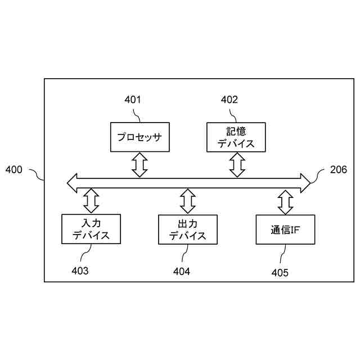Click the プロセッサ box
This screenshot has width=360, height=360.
click(x=139, y=137)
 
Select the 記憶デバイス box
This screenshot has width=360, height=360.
click(x=236, y=137)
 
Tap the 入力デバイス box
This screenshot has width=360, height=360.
click(x=91, y=229)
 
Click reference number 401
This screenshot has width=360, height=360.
click(x=133, y=100)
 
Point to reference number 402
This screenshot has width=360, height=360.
click(x=229, y=100)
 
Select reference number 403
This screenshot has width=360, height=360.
click(x=80, y=271)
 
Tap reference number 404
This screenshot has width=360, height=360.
click(x=182, y=271)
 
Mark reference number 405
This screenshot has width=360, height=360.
click(x=280, y=273)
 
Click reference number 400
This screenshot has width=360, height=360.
click(x=13, y=169)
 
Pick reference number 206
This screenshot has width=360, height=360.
click(x=338, y=169)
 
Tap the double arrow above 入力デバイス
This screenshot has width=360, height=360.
click(x=91, y=200)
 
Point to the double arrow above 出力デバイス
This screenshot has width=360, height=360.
click(x=187, y=200)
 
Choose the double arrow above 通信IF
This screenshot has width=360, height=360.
click(x=285, y=201)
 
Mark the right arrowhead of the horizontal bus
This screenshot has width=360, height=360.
click(x=305, y=182)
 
